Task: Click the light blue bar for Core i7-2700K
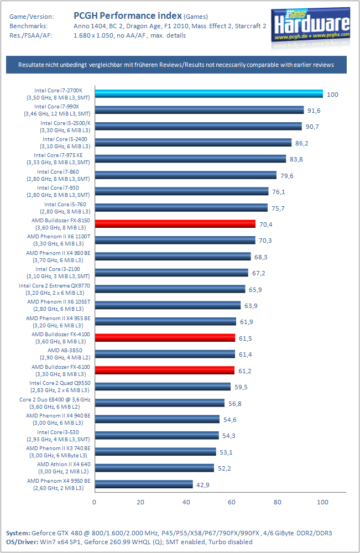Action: click(208, 93)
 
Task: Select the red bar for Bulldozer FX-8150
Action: click(175, 223)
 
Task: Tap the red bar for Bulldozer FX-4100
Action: click(165, 337)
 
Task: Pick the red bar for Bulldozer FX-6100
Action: click(164, 370)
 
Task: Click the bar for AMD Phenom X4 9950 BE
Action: click(143, 484)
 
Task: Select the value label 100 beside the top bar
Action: click(332, 94)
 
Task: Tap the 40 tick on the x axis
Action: click(186, 502)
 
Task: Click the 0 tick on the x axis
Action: click(95, 502)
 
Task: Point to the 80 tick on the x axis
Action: click(277, 502)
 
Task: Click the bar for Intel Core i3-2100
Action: click(171, 272)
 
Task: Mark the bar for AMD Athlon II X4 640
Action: click(154, 468)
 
